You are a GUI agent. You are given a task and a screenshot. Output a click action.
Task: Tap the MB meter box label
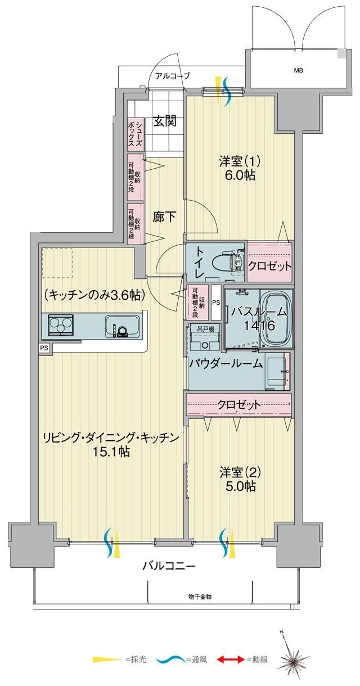coord(296,71)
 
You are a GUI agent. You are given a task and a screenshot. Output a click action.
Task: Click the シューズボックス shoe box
coord(130,133)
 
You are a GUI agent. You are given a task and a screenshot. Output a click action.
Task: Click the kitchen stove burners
coord(60,326)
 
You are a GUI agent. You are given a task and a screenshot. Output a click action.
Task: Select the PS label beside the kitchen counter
coord(44,348)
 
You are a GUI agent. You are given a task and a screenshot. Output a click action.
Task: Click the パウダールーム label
coord(226,364)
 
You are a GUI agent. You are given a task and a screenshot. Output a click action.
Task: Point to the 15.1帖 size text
coord(111,451)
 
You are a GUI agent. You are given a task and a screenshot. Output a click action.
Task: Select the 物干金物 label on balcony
coord(200,596)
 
